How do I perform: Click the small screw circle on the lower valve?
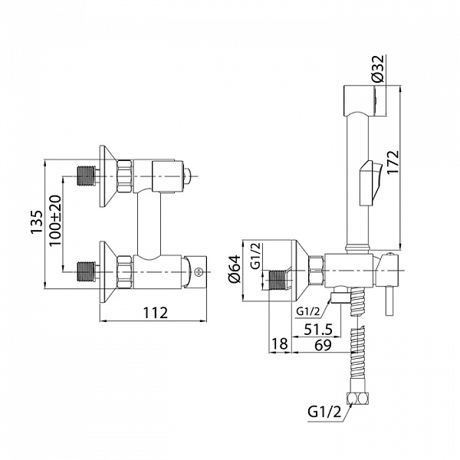point(201,271)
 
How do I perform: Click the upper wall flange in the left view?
point(105,175)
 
